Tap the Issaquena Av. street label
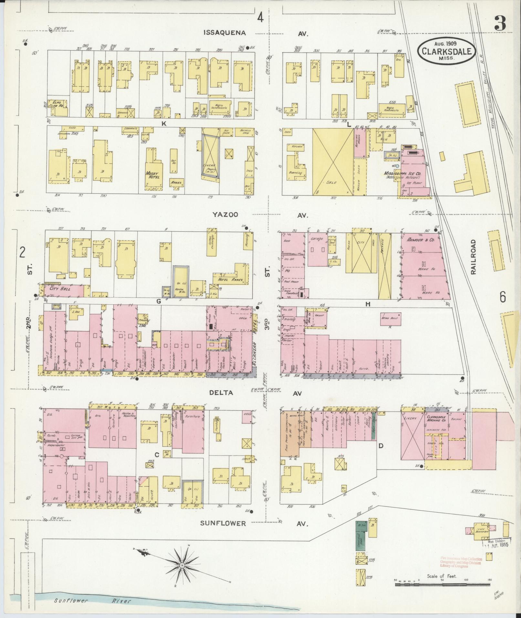pos(225,33)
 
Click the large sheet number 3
pos(500,24)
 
